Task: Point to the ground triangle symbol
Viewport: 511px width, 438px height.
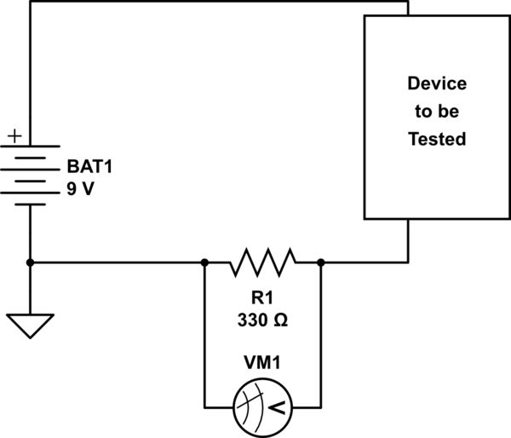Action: (x=31, y=323)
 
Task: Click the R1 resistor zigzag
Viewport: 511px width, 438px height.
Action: (x=262, y=262)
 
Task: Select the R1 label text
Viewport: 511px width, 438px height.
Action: (x=262, y=300)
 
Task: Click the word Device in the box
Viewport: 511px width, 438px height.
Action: (x=436, y=84)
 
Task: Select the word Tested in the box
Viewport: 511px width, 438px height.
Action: (x=436, y=138)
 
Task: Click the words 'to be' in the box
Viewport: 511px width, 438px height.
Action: (x=436, y=111)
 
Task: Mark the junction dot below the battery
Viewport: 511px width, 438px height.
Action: (x=31, y=262)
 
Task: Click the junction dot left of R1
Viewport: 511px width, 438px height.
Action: (x=204, y=262)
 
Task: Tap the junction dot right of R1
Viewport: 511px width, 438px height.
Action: (x=321, y=262)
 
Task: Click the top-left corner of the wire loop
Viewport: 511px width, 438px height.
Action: (x=31, y=2)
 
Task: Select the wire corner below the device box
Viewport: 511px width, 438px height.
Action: (x=408, y=262)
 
